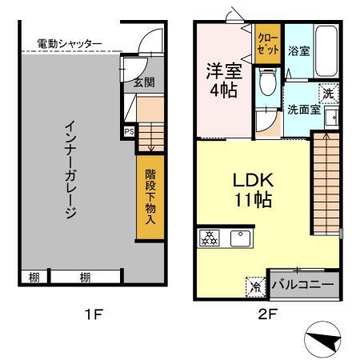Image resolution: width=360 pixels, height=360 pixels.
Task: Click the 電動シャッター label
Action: point(70,43)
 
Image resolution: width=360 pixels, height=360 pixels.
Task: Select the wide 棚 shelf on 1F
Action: point(84,277)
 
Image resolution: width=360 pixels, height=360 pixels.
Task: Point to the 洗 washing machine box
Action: point(329,94)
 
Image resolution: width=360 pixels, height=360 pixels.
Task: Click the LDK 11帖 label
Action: point(250,190)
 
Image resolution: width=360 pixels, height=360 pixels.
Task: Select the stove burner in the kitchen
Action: point(210,238)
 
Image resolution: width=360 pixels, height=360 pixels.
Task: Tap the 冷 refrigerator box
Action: point(254,284)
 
